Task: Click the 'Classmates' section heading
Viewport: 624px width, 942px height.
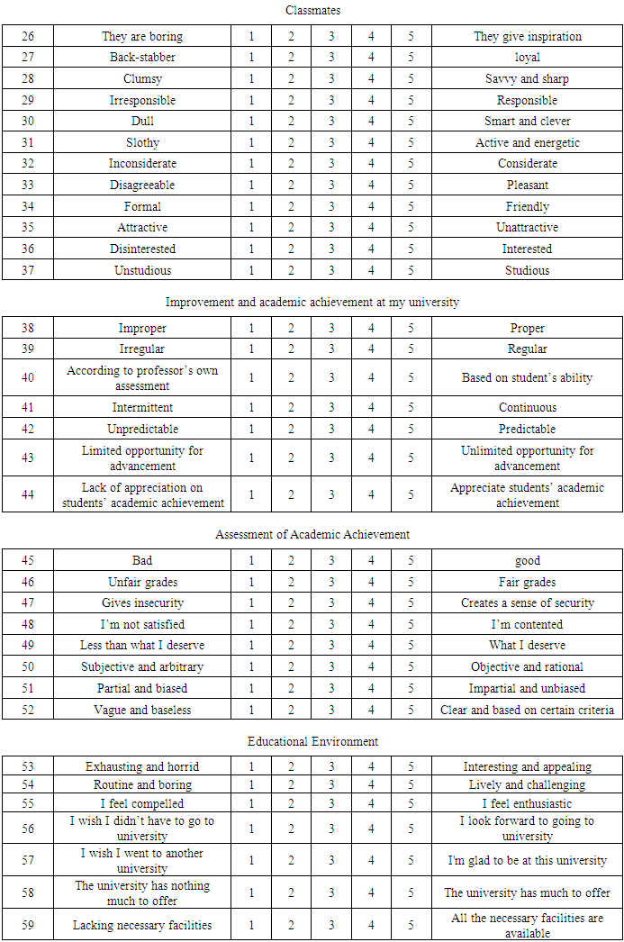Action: [x=311, y=11]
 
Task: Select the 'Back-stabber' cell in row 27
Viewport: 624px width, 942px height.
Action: [x=142, y=58]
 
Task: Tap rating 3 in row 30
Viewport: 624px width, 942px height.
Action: [x=331, y=122]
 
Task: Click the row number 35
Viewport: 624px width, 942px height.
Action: [x=28, y=228]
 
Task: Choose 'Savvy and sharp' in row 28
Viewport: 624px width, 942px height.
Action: [x=527, y=79]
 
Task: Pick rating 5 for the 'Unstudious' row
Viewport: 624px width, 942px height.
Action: [x=411, y=270]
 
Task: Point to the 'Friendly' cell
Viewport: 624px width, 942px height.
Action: [x=527, y=206]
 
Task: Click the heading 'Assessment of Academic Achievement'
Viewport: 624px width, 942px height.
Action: [x=312, y=535]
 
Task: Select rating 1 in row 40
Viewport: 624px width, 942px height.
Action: [x=252, y=378]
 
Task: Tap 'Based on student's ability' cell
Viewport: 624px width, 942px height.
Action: [x=527, y=378]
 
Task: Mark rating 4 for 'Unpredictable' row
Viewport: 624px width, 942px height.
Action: [x=371, y=430]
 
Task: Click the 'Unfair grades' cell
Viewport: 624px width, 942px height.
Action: [x=142, y=583]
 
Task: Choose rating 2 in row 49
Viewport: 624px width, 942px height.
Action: [x=292, y=646]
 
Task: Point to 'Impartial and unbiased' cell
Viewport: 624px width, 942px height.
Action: [x=527, y=689]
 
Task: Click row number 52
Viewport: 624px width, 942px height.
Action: [x=28, y=710]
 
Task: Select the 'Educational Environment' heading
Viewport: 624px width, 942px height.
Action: [x=312, y=742]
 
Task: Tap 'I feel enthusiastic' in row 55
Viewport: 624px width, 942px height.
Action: [x=527, y=803]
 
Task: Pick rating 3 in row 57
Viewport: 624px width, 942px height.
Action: [x=331, y=861]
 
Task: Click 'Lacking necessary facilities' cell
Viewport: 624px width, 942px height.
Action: [x=142, y=925]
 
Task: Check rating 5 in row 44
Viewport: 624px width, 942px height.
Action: [x=411, y=494]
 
